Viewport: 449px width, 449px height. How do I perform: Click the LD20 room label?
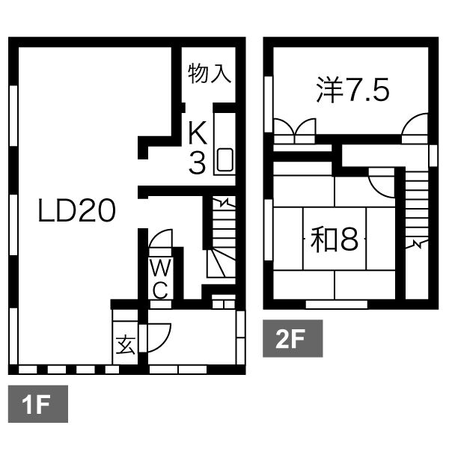(77, 211)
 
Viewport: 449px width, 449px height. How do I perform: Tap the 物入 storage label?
(210, 73)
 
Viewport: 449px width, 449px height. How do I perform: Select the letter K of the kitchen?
(198, 133)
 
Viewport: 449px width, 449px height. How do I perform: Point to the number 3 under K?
(198, 162)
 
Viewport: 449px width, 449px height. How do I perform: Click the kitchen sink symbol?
(224, 160)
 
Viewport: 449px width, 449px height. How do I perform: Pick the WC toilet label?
(161, 278)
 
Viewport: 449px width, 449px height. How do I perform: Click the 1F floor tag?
(38, 404)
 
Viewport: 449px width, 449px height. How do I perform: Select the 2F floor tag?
(293, 338)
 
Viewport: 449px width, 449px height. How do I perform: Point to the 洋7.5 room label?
(352, 90)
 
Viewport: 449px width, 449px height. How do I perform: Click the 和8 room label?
(335, 239)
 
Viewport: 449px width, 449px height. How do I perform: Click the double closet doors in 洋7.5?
(295, 131)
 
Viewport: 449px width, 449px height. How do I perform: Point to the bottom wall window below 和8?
(337, 305)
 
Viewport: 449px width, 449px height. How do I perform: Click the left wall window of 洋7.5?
(269, 104)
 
